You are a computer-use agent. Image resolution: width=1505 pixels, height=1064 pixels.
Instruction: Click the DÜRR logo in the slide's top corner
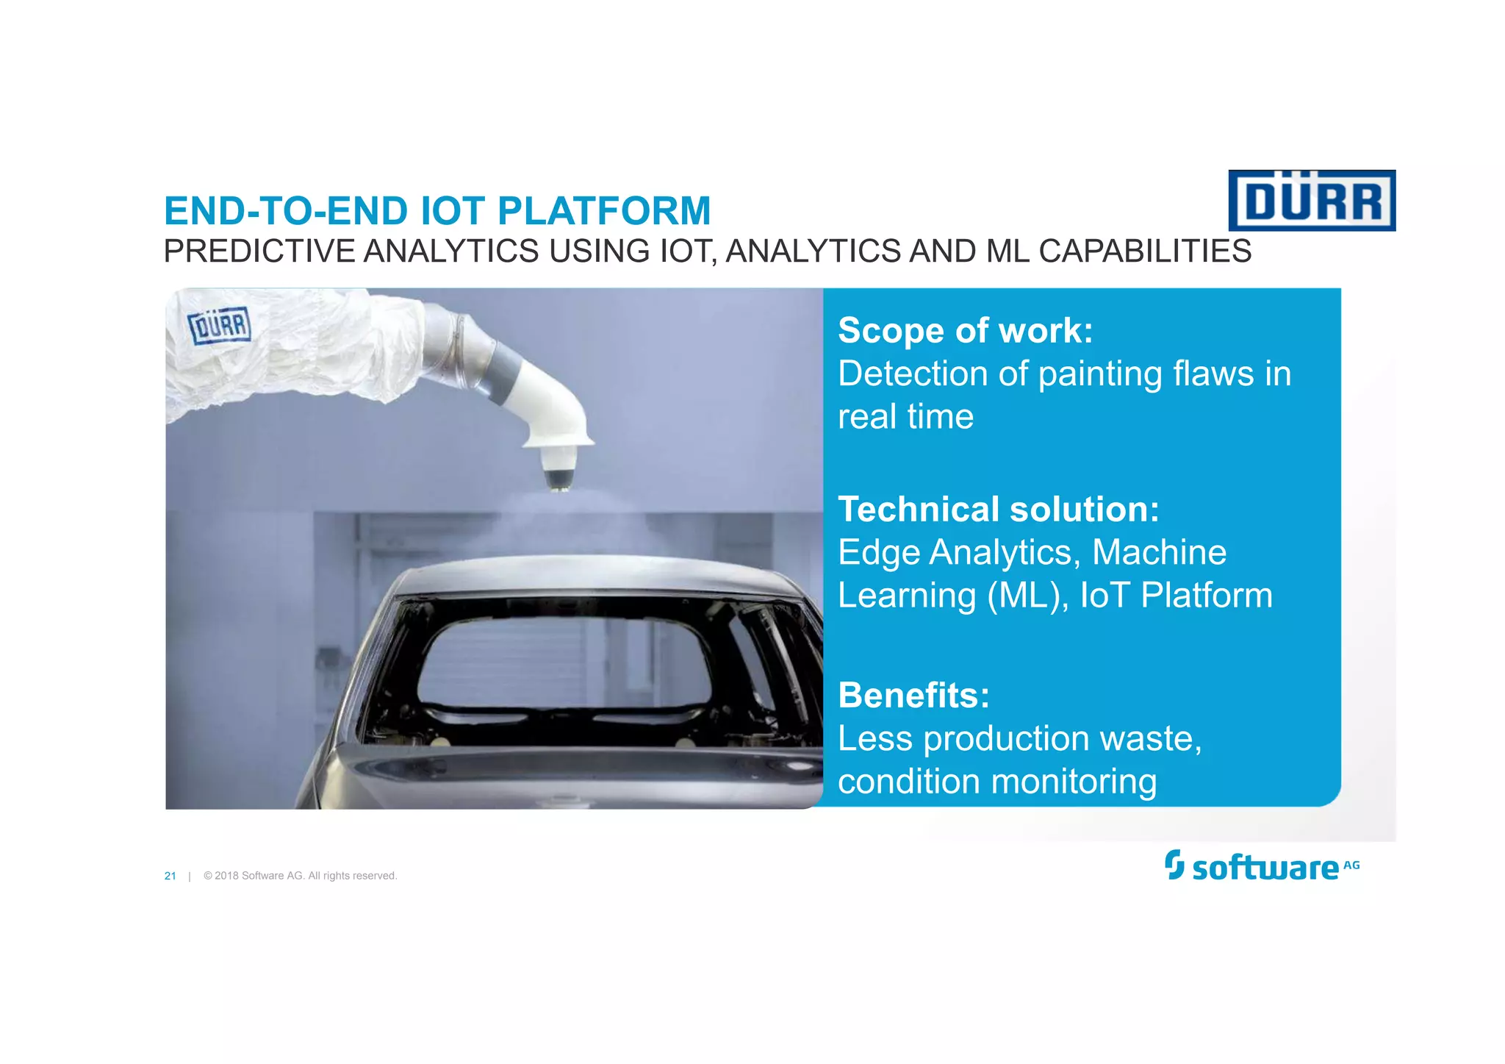pos(1312,201)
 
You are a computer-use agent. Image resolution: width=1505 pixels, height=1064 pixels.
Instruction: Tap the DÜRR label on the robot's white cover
pos(220,326)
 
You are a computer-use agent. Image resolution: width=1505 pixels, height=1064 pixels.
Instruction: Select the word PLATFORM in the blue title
pos(604,211)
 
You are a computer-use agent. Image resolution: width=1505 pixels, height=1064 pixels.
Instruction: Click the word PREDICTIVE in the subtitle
pos(259,251)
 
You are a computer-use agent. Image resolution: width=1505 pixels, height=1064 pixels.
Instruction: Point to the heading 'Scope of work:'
pos(965,330)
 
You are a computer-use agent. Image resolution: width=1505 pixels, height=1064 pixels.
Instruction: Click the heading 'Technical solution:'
pos(998,509)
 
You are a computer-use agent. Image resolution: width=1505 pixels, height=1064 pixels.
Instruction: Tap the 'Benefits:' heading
pos(913,695)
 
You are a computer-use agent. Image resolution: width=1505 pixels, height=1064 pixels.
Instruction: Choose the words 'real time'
pos(905,417)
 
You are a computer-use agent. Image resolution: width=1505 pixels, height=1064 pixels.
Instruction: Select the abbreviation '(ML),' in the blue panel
pos(1028,596)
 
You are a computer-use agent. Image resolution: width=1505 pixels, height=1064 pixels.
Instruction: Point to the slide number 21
pos(170,876)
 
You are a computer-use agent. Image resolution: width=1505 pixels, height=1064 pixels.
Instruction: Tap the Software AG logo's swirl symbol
pos(1174,865)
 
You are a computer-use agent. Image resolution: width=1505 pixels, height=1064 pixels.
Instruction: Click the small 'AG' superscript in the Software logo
pos(1351,865)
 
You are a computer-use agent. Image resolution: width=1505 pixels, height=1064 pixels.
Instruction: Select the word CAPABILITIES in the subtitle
pos(1144,251)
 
